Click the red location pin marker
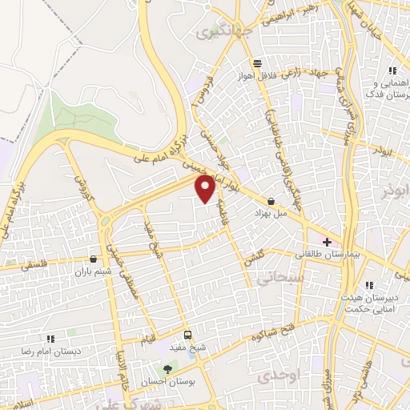206,188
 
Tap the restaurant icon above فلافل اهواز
256,63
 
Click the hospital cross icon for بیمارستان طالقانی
326,241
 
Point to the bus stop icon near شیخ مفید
187,336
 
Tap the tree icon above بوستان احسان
167,369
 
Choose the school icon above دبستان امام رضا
50,339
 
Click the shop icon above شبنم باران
94,259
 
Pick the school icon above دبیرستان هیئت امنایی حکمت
369,285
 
